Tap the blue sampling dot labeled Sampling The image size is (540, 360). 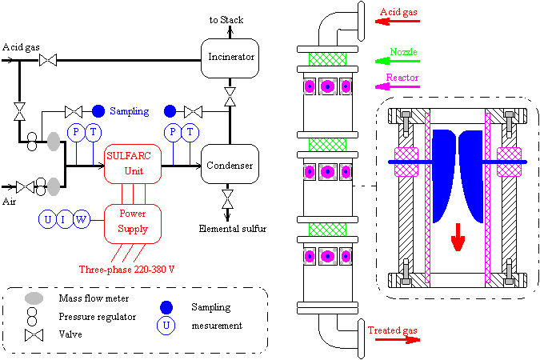point(98,111)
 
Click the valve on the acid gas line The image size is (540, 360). point(48,60)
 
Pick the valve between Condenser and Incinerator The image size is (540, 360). point(230,97)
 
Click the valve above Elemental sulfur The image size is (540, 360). point(227,199)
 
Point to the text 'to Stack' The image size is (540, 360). point(226,20)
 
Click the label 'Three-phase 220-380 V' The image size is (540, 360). point(126,269)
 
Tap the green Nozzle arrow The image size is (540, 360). point(398,61)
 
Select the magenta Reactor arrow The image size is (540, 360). point(398,86)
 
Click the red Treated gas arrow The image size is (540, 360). point(398,340)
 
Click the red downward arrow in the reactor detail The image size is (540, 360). point(458,237)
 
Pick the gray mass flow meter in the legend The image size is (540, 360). point(34,298)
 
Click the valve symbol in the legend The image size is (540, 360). point(34,335)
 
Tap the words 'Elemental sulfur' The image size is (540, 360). point(233,229)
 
